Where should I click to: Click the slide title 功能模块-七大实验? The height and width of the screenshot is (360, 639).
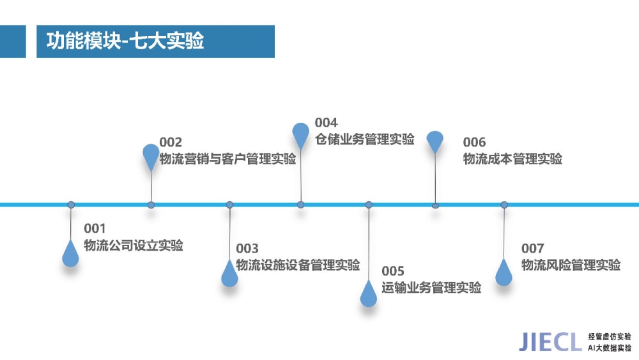125,41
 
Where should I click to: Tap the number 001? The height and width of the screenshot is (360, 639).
95,228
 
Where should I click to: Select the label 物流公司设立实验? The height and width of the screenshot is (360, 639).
134,246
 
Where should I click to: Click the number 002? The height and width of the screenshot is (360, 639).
171,143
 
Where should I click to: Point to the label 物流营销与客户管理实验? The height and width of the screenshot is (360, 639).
227,159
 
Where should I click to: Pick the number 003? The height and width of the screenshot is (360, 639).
247,248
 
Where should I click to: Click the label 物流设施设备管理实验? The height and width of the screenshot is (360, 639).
298,265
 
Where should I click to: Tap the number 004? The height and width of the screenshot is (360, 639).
326,123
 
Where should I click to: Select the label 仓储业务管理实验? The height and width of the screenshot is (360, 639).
365,139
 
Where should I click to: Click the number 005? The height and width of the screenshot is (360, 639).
393,271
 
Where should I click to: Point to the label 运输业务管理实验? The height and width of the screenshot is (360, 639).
431,288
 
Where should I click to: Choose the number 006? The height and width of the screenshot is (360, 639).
474,143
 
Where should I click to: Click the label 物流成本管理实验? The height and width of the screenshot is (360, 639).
512,159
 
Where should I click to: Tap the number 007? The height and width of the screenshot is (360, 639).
533,248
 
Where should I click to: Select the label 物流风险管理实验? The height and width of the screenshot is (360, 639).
571,265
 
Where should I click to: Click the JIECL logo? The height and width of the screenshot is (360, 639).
550,342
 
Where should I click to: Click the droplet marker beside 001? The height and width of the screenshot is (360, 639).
70,254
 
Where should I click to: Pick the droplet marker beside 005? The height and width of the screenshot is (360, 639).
369,293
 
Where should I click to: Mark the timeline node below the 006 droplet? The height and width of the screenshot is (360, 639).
435,206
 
